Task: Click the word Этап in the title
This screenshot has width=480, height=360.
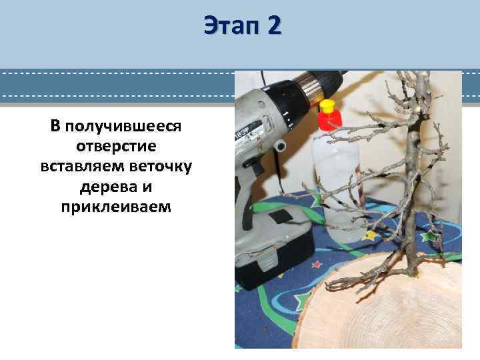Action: click(x=231, y=26)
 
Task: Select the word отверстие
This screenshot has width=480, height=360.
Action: click(x=115, y=147)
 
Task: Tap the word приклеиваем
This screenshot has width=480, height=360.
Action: click(x=115, y=207)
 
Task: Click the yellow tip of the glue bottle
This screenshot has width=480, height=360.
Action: click(x=327, y=106)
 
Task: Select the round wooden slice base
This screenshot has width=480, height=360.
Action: click(x=373, y=313)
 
